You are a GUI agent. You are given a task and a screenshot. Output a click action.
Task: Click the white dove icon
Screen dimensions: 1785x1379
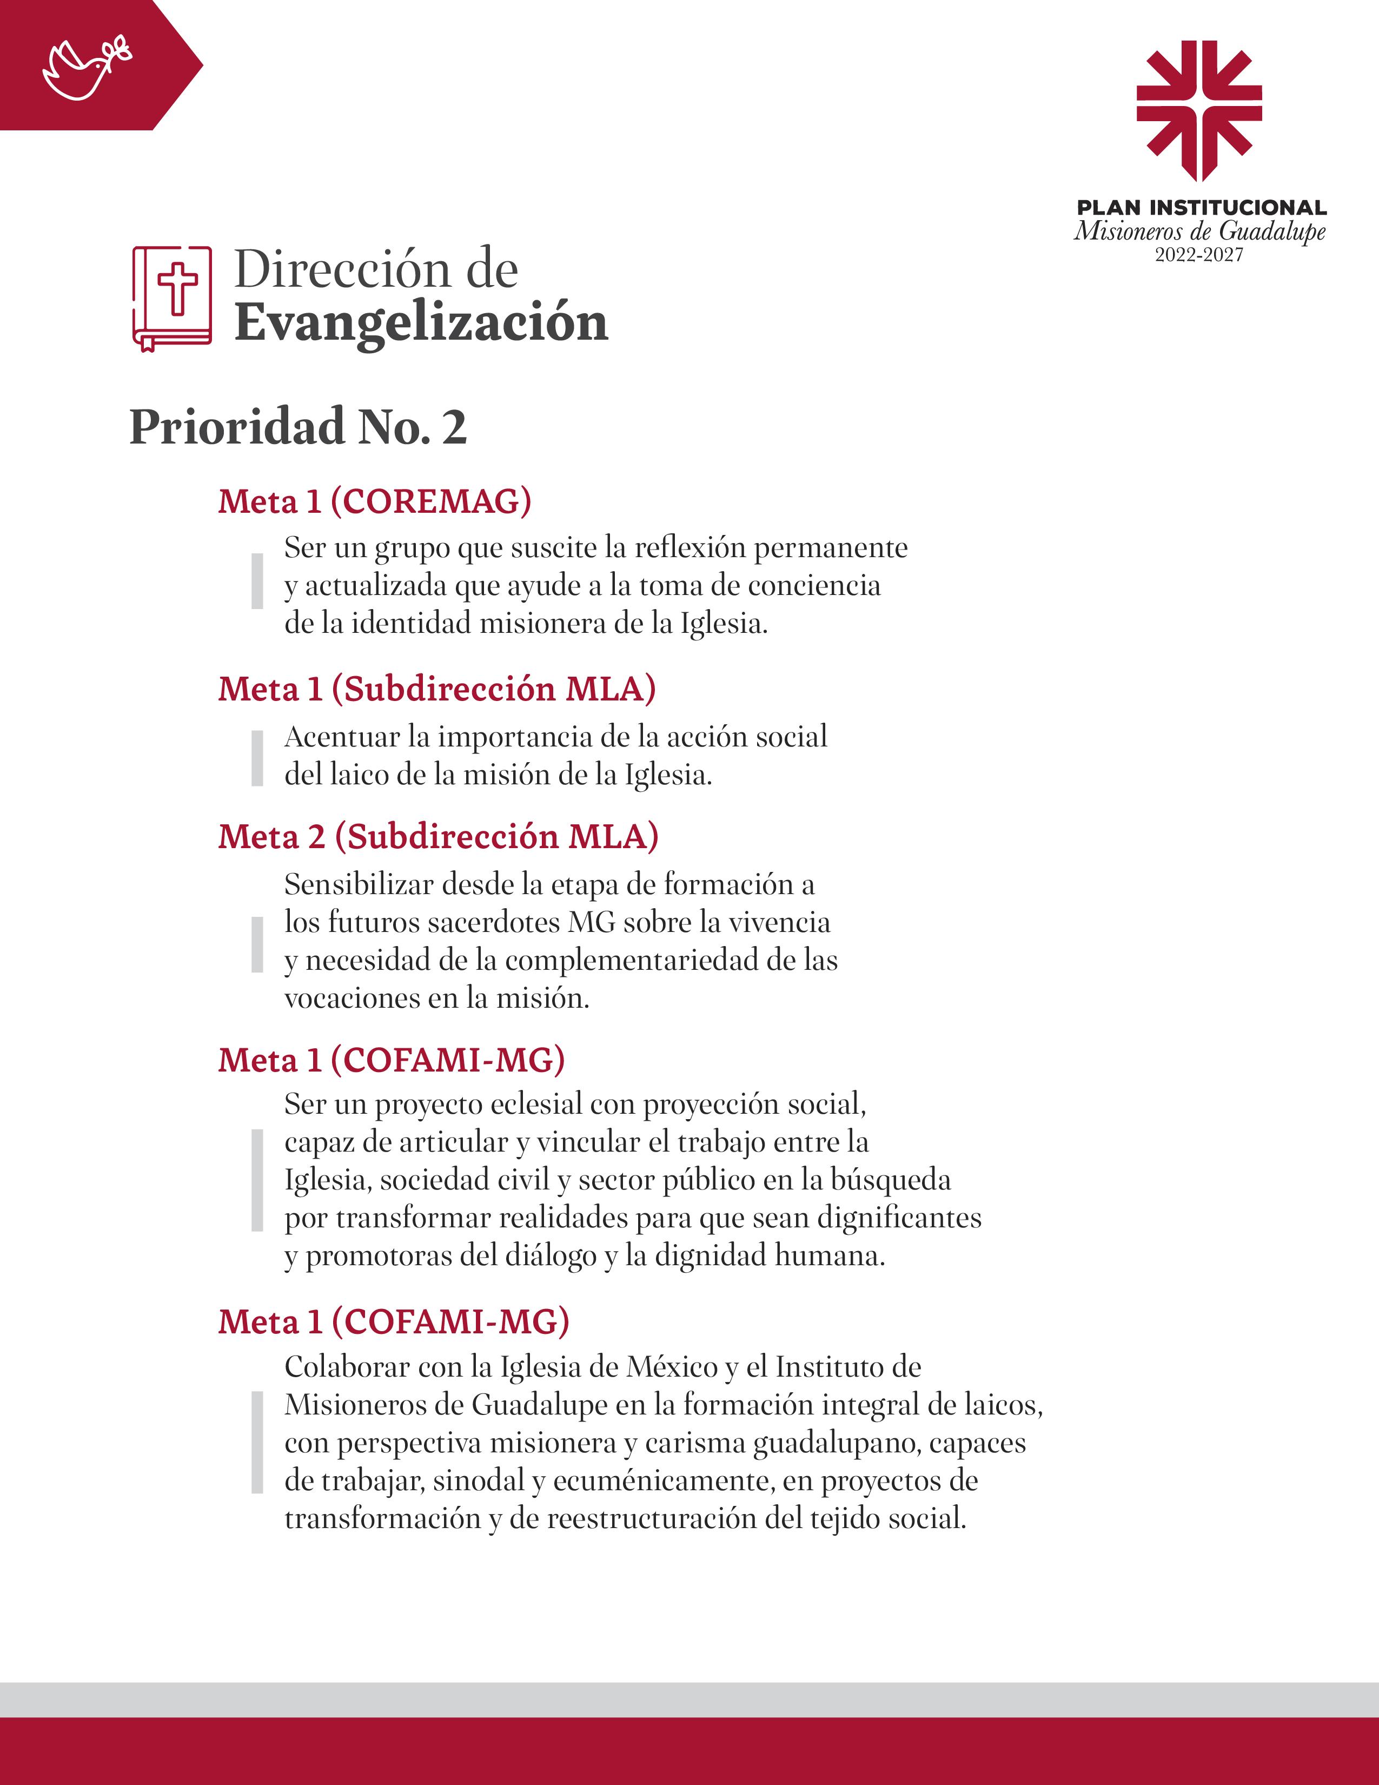(x=86, y=67)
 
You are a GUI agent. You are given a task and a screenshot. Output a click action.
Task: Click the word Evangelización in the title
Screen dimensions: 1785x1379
(x=421, y=323)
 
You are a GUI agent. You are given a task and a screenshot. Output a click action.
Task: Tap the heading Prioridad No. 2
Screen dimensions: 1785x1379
(x=298, y=427)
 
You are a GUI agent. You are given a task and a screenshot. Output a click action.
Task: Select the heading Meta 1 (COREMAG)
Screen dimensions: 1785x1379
(x=374, y=501)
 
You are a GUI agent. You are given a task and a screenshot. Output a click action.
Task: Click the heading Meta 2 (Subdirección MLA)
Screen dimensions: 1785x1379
(x=438, y=836)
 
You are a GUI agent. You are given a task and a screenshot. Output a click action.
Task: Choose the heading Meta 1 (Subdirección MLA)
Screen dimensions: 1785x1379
(x=436, y=689)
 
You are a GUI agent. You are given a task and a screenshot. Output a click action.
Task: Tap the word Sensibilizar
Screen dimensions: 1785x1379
(x=358, y=884)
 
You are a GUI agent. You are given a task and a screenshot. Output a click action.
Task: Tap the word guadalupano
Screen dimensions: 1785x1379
(x=837, y=1443)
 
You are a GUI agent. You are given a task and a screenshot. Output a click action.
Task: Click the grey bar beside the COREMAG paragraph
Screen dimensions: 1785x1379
(x=257, y=580)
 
